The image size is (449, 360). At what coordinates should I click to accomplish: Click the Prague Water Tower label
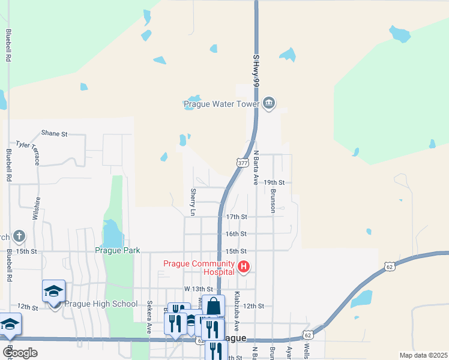(220, 104)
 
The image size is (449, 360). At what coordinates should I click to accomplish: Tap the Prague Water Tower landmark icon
(269, 104)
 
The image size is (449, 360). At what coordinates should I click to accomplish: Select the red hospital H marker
(244, 267)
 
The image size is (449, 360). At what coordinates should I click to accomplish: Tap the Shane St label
(54, 133)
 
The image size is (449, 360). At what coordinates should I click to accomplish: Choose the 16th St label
(236, 233)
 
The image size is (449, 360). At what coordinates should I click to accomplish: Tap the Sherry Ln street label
(193, 202)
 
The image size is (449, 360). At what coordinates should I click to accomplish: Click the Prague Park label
(116, 250)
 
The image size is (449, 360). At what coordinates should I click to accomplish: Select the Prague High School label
(101, 304)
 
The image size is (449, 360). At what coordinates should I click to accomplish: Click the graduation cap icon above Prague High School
(54, 292)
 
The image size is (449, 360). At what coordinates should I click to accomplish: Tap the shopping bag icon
(213, 306)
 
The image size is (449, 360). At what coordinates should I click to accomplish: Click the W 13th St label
(199, 289)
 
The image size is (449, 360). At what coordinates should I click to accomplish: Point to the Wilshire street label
(37, 209)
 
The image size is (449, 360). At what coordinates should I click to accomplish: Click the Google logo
(19, 352)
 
